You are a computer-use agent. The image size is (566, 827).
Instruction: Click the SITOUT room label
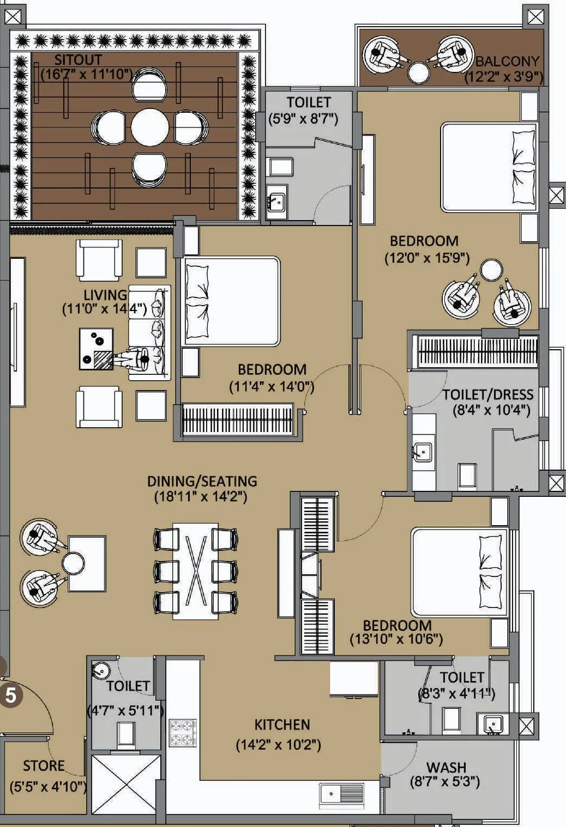click(78, 60)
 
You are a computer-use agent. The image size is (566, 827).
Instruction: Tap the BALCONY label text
click(507, 62)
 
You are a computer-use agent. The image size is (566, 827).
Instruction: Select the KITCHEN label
click(282, 725)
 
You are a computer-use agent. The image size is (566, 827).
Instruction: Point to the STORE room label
click(44, 766)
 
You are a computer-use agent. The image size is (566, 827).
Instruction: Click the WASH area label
click(446, 767)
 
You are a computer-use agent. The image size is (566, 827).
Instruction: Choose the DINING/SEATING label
click(202, 481)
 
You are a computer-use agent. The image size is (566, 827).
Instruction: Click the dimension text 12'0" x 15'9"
click(427, 257)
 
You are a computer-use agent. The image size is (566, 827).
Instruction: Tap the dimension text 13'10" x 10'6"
click(396, 639)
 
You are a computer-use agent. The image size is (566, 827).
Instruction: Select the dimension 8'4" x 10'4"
click(491, 410)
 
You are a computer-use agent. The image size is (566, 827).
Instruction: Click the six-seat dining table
click(195, 571)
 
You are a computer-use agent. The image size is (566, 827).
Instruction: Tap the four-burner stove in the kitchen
click(183, 733)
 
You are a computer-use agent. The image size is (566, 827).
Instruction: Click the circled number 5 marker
click(11, 696)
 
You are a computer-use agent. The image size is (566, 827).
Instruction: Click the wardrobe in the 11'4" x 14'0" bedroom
click(237, 419)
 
